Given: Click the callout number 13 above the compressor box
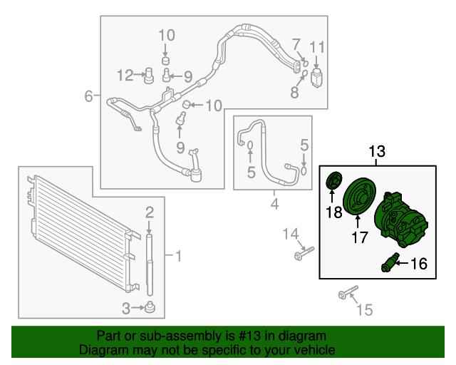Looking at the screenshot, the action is pyautogui.click(x=377, y=151).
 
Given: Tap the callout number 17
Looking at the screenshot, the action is pyautogui.click(x=360, y=237).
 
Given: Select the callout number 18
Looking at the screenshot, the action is pyautogui.click(x=334, y=212).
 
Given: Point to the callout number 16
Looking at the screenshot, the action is pyautogui.click(x=419, y=264).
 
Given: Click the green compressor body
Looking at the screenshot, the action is pyautogui.click(x=400, y=219).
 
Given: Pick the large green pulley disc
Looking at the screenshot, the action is pyautogui.click(x=359, y=197).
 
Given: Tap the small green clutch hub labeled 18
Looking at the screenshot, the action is pyautogui.click(x=334, y=181).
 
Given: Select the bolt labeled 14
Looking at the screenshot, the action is pyautogui.click(x=304, y=253).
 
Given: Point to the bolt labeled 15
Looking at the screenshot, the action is pyautogui.click(x=348, y=292).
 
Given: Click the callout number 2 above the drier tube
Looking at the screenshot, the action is pyautogui.click(x=150, y=212).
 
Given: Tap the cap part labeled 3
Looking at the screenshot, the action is pyautogui.click(x=150, y=307).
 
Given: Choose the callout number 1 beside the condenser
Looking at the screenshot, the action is pyautogui.click(x=179, y=256).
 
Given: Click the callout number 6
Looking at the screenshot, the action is pyautogui.click(x=88, y=96).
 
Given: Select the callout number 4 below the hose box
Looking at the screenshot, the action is pyautogui.click(x=274, y=203).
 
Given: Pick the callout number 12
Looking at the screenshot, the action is pyautogui.click(x=125, y=75).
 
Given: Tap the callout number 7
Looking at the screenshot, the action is pyautogui.click(x=296, y=44).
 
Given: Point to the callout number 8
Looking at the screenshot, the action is pyautogui.click(x=294, y=92).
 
